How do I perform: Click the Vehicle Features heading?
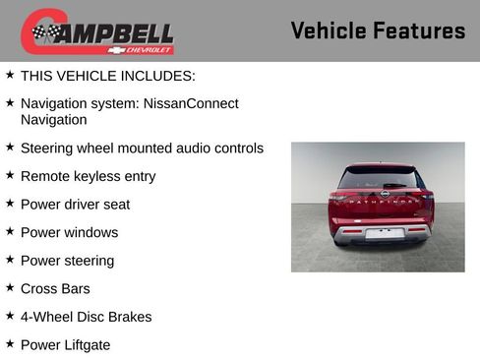tap(378, 30)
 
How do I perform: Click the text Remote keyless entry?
tap(88, 176)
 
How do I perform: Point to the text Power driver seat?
tap(75, 205)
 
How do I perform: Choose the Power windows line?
tap(69, 232)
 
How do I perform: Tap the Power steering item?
tap(67, 261)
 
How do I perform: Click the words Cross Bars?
tap(54, 288)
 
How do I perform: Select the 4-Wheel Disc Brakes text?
tap(86, 317)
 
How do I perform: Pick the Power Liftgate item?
tap(65, 344)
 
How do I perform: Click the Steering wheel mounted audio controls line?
tap(142, 149)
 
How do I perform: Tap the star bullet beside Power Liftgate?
tap(10, 344)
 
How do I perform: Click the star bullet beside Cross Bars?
tap(10, 288)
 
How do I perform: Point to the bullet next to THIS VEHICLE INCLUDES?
tap(10, 75)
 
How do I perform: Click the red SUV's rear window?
tap(378, 179)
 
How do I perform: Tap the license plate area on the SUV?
tap(384, 233)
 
